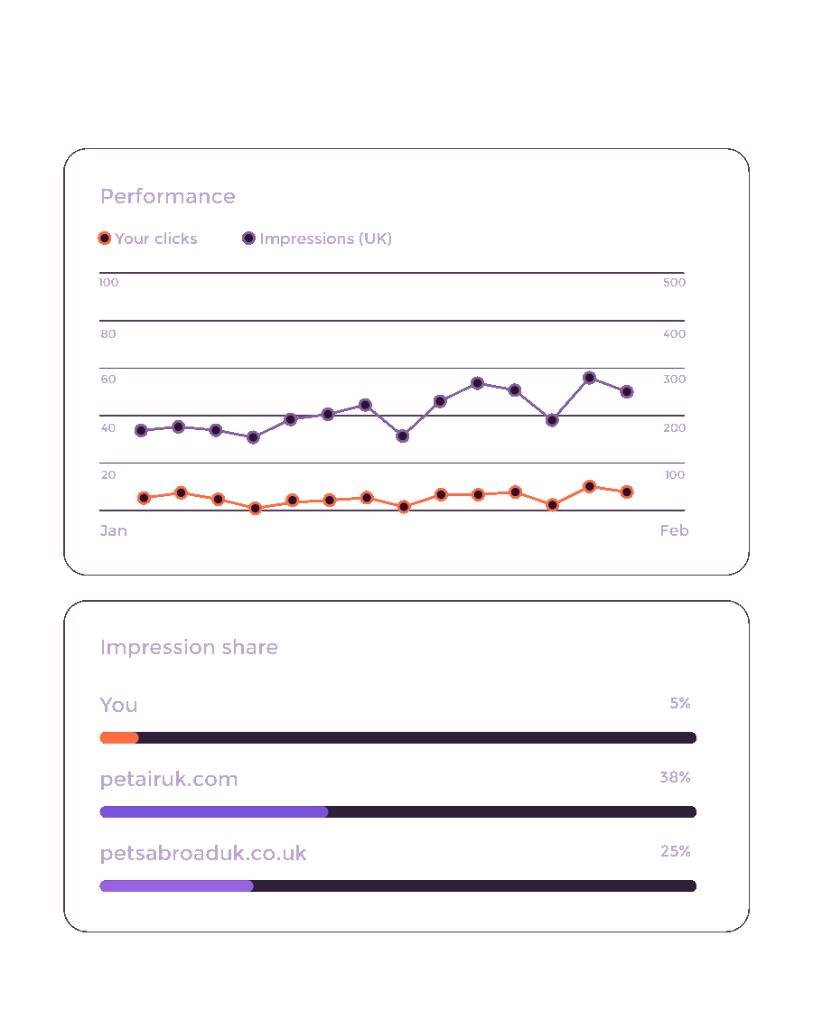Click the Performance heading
tap(168, 196)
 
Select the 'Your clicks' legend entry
tap(148, 239)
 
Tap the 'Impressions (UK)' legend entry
tap(317, 239)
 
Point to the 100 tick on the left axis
tap(108, 283)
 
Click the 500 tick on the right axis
tap(675, 283)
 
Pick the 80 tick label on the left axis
tap(108, 334)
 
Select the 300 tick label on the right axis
tap(675, 379)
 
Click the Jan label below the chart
tap(113, 530)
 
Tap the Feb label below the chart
tap(675, 530)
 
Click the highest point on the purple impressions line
tap(590, 378)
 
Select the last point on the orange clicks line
tap(627, 492)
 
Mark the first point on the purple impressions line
tap(141, 430)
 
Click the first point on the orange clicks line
tap(144, 498)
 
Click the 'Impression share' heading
tap(189, 647)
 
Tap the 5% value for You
tap(680, 703)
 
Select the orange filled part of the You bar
tap(119, 738)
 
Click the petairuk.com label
tap(169, 780)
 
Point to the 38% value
tap(675, 777)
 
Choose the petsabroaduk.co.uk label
tap(203, 854)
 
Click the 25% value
tap(676, 852)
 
